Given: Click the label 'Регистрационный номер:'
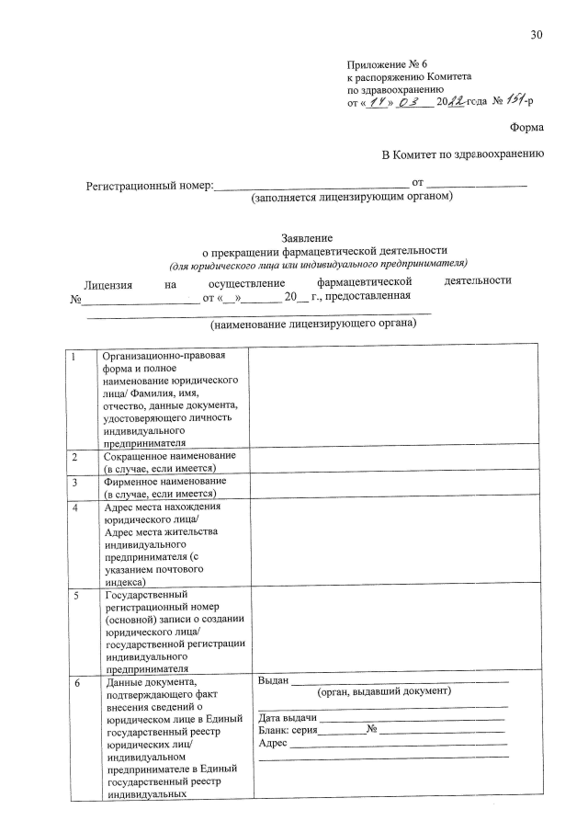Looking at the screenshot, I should pos(150,186).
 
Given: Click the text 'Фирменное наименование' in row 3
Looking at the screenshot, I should pos(164,481).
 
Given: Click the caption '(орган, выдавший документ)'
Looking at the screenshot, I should pos(383,692).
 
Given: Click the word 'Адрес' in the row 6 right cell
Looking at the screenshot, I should pos(274,743).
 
